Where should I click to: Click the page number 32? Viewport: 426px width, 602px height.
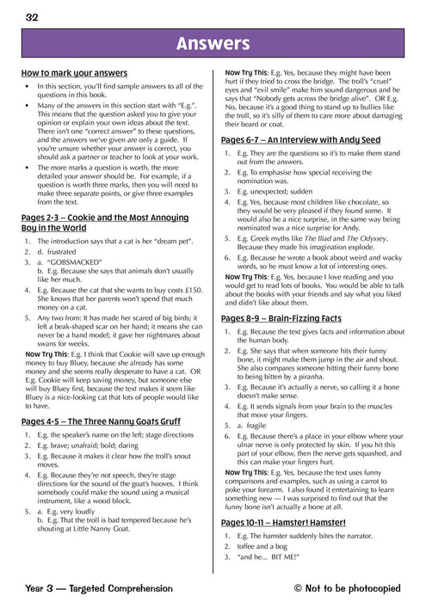tap(32, 16)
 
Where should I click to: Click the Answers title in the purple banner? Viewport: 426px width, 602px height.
tap(213, 44)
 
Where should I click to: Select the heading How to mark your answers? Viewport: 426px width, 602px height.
tap(74, 74)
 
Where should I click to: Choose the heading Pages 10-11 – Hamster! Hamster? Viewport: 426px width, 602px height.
tap(283, 522)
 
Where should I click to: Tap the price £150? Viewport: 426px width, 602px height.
tap(195, 291)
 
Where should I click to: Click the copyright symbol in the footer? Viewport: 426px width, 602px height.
tap(299, 588)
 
